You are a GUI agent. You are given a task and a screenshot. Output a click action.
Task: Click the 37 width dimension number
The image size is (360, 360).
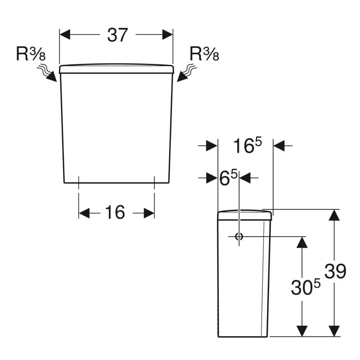117,35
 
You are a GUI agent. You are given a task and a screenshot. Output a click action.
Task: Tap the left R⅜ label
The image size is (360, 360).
31,54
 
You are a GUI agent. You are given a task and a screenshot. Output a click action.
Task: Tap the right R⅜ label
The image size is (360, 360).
204,54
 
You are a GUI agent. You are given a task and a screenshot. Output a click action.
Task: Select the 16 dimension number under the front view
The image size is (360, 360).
115,212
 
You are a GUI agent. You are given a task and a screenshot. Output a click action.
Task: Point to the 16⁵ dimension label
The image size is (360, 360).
247,145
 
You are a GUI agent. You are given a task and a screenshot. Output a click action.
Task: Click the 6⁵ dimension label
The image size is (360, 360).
228,178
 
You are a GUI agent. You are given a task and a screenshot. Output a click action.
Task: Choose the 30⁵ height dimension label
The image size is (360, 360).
306,287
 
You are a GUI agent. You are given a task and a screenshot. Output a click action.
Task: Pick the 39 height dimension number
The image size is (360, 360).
335,271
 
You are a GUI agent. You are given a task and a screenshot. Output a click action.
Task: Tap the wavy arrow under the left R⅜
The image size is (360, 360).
48,73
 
